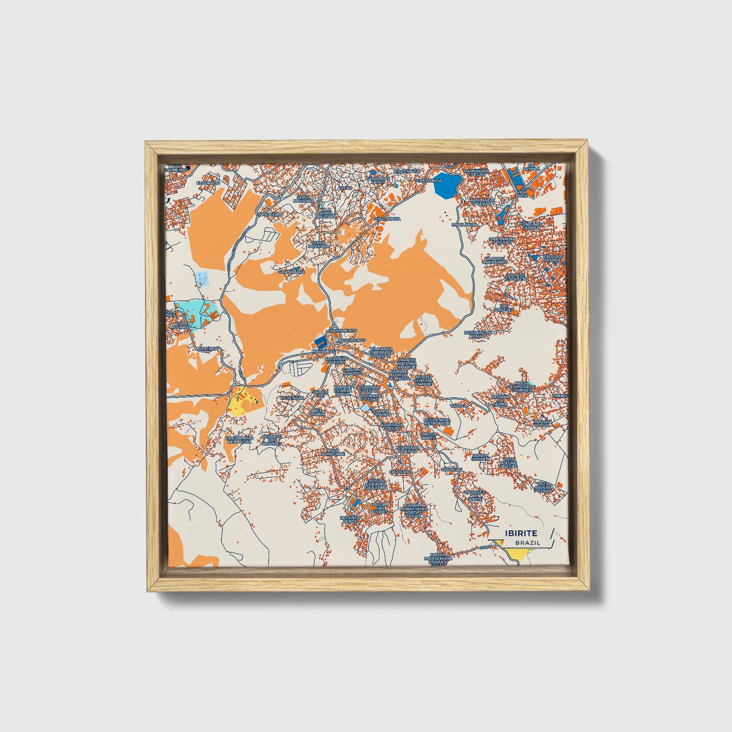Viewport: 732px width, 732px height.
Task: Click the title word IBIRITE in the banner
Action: click(521, 533)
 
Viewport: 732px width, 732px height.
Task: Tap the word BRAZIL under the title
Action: click(527, 543)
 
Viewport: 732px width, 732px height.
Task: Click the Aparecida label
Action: click(270, 214)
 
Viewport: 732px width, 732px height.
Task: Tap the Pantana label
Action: click(208, 349)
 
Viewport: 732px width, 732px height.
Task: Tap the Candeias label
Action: click(452, 469)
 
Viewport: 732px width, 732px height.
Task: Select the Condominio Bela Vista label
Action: click(238, 439)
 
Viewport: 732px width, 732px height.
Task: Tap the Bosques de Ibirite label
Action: click(475, 495)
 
